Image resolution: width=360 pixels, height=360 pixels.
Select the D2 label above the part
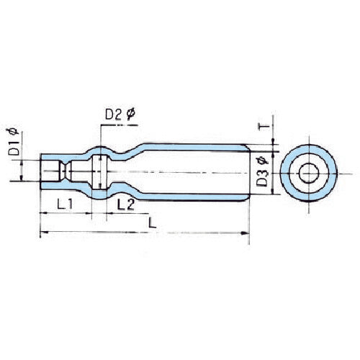tap(113, 114)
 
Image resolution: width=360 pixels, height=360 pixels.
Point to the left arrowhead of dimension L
tap(42, 233)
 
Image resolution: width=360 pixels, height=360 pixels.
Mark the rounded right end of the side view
tap(248, 172)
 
